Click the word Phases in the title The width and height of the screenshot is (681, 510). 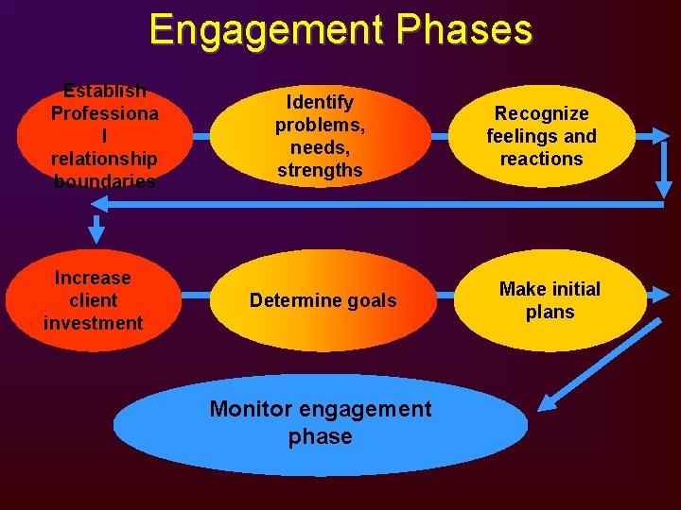point(464,30)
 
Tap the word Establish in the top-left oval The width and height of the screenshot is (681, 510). point(104,92)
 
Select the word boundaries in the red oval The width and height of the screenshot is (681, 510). point(104,182)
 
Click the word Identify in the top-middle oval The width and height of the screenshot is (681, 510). point(320,102)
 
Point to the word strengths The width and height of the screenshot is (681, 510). point(320,171)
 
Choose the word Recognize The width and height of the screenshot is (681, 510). point(541,113)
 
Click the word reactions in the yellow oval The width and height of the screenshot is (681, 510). point(541,159)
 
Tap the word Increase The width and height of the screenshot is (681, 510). point(93,278)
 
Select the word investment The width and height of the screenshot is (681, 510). point(93,323)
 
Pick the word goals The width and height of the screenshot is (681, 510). point(373,300)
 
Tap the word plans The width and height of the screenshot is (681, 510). point(550,312)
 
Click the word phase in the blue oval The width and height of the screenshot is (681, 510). point(320,436)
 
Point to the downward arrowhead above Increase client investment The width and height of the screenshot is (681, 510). point(96,230)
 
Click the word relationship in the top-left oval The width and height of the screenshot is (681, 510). point(104,160)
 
